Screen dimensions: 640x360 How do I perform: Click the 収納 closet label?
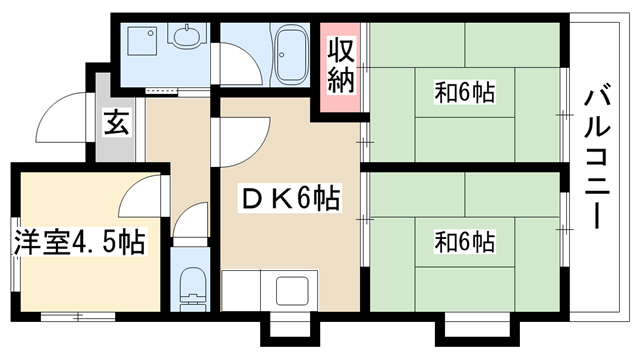(x=340, y=64)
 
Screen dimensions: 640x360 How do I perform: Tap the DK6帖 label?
(x=290, y=199)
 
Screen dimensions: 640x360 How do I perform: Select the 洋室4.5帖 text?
(x=80, y=242)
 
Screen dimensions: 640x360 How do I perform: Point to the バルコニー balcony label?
(x=598, y=156)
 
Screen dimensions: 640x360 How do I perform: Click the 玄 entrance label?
(x=116, y=122)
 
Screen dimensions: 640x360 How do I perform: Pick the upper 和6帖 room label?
(x=464, y=92)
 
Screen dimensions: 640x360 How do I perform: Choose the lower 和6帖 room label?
(x=464, y=241)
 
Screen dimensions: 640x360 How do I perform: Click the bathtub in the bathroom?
(x=291, y=55)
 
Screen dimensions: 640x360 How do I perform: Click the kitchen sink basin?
(x=292, y=290)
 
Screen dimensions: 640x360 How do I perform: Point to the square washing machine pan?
(x=142, y=41)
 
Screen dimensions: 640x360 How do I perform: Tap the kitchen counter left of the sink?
(x=241, y=290)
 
